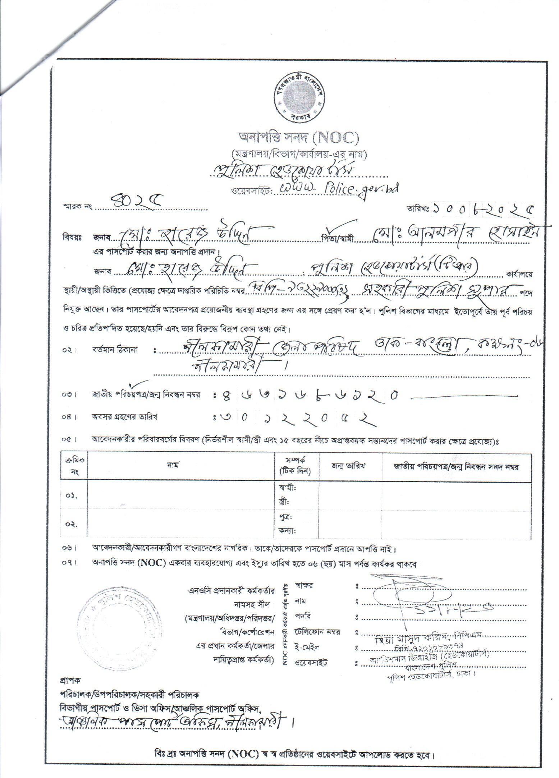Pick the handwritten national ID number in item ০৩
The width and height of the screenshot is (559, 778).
pos(308,395)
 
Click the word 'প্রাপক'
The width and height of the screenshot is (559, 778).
pos(70,680)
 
